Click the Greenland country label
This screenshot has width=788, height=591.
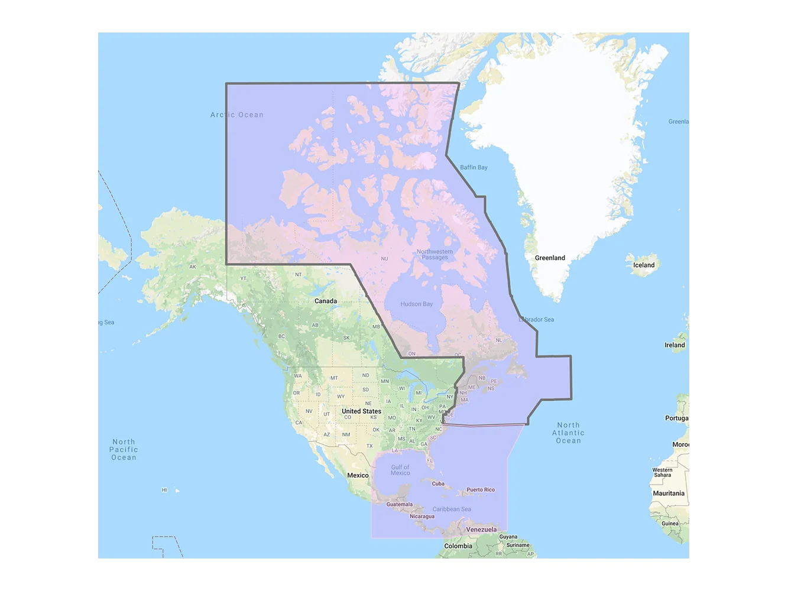point(550,258)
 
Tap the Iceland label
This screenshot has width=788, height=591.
point(644,265)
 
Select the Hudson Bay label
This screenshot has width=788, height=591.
point(417,304)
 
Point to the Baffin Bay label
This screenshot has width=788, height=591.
point(474,167)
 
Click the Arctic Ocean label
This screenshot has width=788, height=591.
point(237,115)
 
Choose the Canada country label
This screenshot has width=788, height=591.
point(326,301)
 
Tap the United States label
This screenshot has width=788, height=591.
point(361,411)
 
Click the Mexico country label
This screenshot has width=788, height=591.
point(358,475)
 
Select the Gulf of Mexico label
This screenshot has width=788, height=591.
point(400,470)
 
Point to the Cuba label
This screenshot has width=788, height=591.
point(438,483)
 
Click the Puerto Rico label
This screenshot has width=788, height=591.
point(481,489)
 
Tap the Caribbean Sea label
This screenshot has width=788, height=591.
point(452,509)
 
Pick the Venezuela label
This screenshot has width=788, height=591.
point(481,530)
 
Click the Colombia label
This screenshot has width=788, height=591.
point(458,546)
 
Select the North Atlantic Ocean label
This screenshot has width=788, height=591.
point(568,433)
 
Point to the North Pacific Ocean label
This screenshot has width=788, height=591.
point(124,449)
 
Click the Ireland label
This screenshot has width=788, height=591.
point(674,345)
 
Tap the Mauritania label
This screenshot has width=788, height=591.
point(669,493)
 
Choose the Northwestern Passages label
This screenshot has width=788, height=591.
point(435,255)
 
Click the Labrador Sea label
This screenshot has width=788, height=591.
point(537,320)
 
